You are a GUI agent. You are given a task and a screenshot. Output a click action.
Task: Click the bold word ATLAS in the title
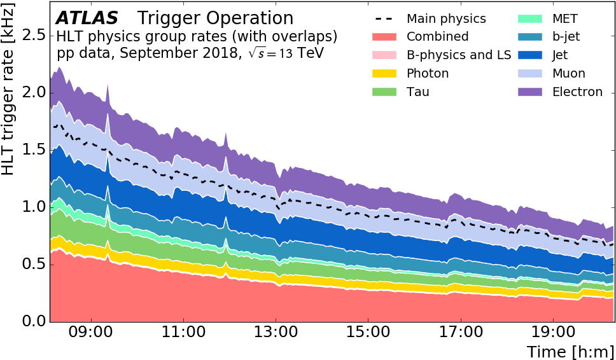tap(87, 19)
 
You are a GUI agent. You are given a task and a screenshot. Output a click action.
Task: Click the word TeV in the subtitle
tap(311, 53)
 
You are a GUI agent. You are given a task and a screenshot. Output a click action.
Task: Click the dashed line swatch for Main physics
tap(384, 19)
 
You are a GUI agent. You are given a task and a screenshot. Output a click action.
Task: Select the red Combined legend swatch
tap(384, 37)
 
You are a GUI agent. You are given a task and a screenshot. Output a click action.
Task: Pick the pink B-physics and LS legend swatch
tap(384, 55)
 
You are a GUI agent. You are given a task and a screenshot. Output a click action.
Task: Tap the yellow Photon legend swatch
tap(384, 74)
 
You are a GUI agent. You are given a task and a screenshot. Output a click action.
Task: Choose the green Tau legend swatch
tap(384, 92)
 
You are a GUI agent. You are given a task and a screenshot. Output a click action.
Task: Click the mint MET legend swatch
tap(530, 19)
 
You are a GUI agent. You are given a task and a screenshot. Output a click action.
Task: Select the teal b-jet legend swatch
tap(530, 37)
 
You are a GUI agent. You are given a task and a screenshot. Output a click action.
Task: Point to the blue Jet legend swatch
tap(530, 55)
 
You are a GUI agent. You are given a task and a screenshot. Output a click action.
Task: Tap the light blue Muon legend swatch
tap(530, 74)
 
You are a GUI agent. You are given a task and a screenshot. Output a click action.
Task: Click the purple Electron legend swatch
tap(530, 92)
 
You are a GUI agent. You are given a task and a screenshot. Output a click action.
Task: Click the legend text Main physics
tap(446, 19)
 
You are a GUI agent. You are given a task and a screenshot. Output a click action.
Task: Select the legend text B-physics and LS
tap(459, 55)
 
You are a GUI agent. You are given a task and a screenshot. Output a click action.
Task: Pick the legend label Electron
tap(577, 92)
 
